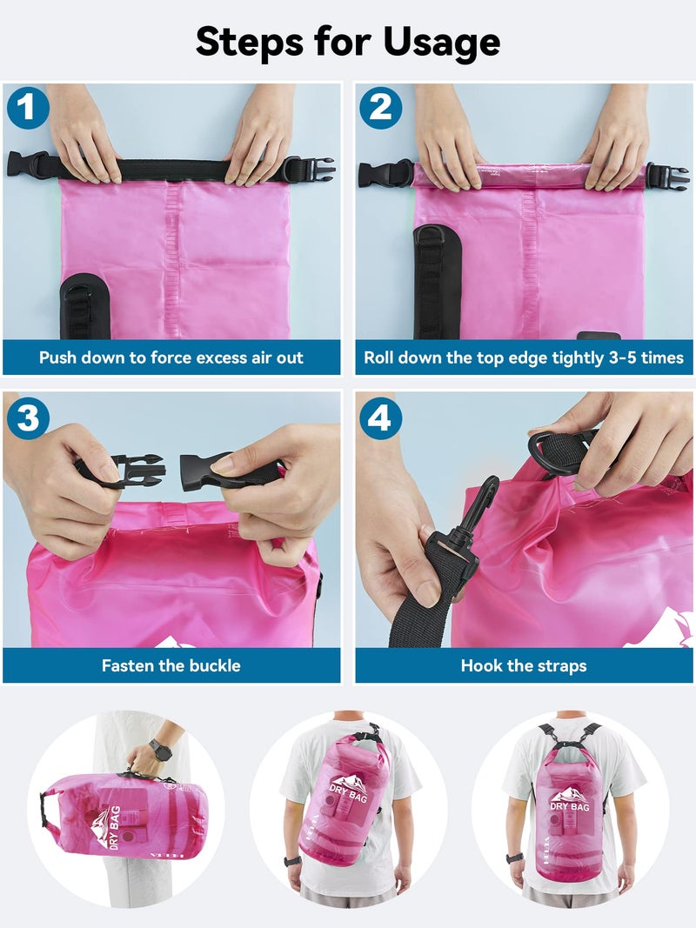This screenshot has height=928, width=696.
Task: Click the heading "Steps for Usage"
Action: (x=348, y=41)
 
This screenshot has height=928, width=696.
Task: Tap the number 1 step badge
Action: (x=29, y=109)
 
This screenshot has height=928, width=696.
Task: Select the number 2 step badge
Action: (x=380, y=109)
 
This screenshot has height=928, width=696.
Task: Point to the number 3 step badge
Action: (x=28, y=418)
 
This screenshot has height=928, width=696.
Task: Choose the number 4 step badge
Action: (x=380, y=418)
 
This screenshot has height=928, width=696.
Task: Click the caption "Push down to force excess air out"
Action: (x=171, y=357)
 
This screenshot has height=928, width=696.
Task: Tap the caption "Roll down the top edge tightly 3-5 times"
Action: (x=524, y=357)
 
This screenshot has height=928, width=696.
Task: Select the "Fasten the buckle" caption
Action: (x=171, y=666)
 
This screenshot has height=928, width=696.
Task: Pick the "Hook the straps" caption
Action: (x=524, y=666)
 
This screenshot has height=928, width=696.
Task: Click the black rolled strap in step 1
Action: (x=174, y=169)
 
